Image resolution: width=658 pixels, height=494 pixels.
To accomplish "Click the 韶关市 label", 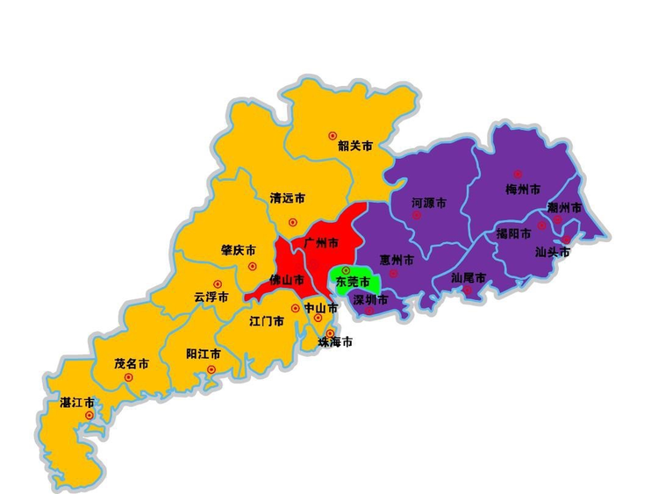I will click(x=354, y=146).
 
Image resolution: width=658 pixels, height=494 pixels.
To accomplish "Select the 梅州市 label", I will click(x=523, y=190).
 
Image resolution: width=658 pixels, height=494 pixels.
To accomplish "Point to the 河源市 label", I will click(x=429, y=203).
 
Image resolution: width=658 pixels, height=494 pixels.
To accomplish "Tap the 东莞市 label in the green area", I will click(x=353, y=283).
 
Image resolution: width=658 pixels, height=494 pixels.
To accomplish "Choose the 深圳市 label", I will click(x=369, y=299).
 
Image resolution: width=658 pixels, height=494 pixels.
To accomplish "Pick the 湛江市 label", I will click(x=77, y=403).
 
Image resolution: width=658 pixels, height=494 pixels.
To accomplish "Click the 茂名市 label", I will click(x=132, y=363).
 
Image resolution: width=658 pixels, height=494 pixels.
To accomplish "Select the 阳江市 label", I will click(x=204, y=354).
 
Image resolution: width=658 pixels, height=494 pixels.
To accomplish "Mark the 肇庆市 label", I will click(x=238, y=250).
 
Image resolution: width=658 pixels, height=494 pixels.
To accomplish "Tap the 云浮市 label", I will click(x=211, y=297).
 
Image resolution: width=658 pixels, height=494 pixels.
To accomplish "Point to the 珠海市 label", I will click(x=335, y=343).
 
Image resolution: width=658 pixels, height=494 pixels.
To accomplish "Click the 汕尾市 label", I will click(x=468, y=277).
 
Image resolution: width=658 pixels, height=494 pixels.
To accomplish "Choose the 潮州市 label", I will click(x=564, y=208).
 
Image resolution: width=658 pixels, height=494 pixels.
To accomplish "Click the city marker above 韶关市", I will click(x=333, y=135).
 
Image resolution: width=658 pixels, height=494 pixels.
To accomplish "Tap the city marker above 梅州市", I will click(x=518, y=175).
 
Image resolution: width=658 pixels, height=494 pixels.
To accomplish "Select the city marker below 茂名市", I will click(x=128, y=377).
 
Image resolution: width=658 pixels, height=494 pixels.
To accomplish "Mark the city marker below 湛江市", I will click(x=89, y=415).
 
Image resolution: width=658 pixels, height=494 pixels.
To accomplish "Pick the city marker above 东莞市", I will click(x=346, y=269).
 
